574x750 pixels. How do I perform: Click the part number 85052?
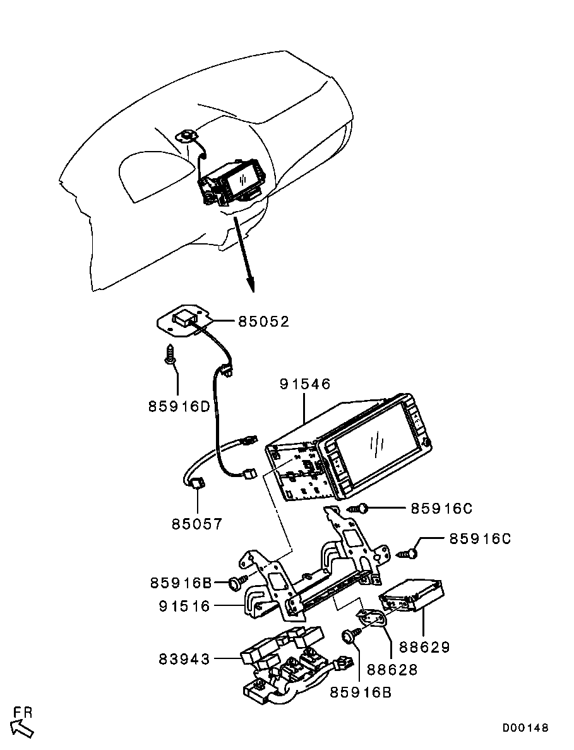point(263,322)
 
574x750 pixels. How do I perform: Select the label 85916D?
point(179,406)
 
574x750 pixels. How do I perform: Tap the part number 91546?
point(304,384)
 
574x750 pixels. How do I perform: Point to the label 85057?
point(197,524)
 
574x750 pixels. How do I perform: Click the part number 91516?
point(184,606)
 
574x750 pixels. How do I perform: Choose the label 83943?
point(184,659)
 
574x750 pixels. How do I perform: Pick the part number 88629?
point(424,647)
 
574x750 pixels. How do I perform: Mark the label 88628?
point(392,669)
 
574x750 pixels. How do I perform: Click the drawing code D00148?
point(525,728)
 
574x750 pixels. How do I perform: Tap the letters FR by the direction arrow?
point(23,712)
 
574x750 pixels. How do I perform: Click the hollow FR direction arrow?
point(22,729)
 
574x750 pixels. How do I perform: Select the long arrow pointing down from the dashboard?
point(244,253)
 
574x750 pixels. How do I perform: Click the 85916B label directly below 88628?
point(361,692)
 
